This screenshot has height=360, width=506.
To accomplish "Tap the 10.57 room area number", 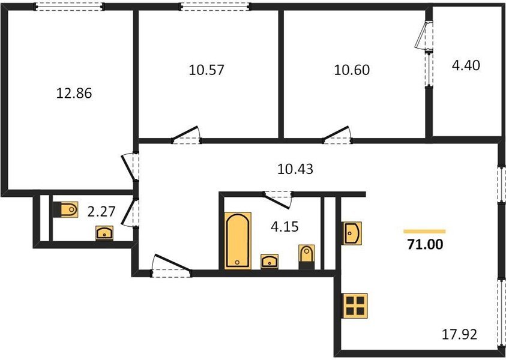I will point(206,70).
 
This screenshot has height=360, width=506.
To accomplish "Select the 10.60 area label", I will point(351,70).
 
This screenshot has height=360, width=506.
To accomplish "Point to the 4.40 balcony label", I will point(466,64).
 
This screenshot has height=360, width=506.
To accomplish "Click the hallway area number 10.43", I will point(295,170).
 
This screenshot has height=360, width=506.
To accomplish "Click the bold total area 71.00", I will point(424,244).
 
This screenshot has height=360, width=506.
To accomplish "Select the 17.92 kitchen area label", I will point(460,334).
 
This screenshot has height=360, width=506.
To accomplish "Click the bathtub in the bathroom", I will point(238,240).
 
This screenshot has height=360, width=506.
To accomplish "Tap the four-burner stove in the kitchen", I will point(355,305).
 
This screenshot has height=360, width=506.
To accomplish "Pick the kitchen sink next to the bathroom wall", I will point(351,233).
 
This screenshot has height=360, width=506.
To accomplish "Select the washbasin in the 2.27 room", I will point(105,233).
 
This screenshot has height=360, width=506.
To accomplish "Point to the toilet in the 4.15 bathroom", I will point(306,256).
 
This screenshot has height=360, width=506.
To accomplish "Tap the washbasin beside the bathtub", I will point(269,261).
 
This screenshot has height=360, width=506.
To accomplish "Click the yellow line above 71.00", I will point(424,231).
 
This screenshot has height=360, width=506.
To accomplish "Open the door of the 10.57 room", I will point(185,135).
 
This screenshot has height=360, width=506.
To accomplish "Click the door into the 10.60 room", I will point(337,135).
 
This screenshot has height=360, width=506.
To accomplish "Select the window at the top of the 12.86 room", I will point(69,7).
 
